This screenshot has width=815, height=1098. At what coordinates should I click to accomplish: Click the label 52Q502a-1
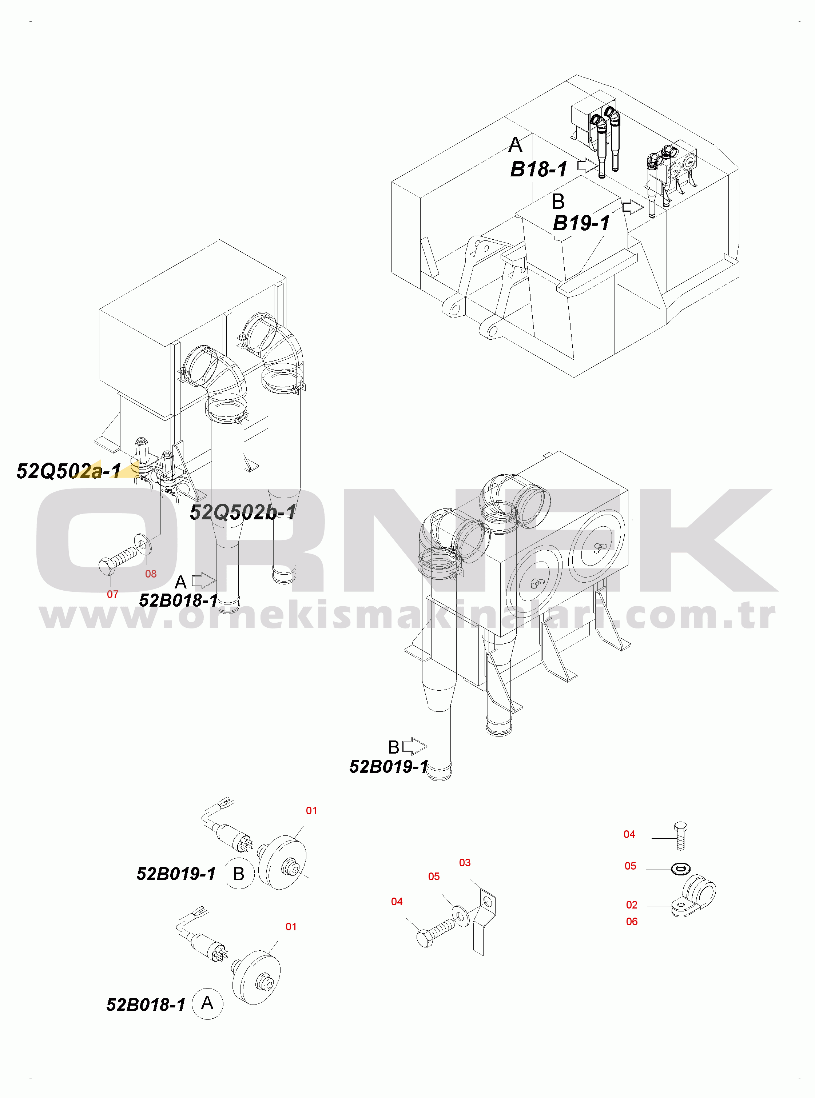point(68,471)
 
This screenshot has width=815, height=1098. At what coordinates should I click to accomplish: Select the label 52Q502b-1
point(243,512)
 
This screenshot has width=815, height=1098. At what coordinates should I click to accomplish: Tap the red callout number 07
point(112,594)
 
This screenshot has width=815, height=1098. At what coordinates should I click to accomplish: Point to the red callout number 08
point(151,574)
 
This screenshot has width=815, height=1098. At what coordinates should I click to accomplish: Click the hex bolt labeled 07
point(118,560)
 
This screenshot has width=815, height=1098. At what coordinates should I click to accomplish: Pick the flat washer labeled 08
point(143,544)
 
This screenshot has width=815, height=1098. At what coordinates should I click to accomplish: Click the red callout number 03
point(465,862)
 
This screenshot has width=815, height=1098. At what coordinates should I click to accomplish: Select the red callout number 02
point(632,905)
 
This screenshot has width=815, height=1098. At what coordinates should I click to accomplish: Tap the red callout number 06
point(632,922)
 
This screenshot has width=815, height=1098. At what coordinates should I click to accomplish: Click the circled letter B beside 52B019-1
point(239,874)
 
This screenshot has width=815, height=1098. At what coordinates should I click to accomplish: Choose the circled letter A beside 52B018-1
point(207,1003)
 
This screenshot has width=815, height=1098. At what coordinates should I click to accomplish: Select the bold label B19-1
point(581,223)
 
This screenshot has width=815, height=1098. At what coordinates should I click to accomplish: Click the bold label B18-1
point(539,169)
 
